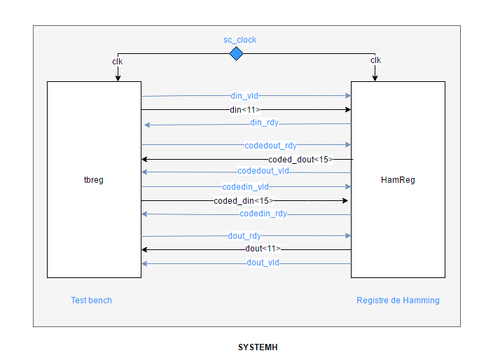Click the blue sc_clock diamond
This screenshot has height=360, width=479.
(x=236, y=54)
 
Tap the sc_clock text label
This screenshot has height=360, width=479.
(x=239, y=40)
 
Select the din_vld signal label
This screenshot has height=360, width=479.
(x=244, y=96)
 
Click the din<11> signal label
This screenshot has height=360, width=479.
(x=245, y=109)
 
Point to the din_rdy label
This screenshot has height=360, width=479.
(x=264, y=123)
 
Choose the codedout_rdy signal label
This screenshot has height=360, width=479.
(x=270, y=146)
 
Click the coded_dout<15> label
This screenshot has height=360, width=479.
(x=300, y=160)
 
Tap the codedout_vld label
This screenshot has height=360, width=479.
(x=263, y=171)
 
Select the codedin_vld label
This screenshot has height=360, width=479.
(x=246, y=187)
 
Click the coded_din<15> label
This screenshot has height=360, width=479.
(x=244, y=201)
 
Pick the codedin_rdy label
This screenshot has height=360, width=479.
(x=263, y=214)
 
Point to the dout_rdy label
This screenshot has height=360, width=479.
(x=244, y=236)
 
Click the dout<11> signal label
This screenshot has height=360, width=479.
(x=263, y=249)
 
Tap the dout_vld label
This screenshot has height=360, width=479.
(x=263, y=263)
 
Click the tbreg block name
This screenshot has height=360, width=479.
(x=93, y=180)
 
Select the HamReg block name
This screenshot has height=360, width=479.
(x=398, y=180)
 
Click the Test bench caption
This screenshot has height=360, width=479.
(x=91, y=300)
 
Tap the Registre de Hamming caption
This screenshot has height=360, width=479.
(x=398, y=300)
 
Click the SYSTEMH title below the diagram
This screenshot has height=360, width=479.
(x=258, y=347)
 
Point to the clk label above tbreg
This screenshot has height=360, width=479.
(x=118, y=62)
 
